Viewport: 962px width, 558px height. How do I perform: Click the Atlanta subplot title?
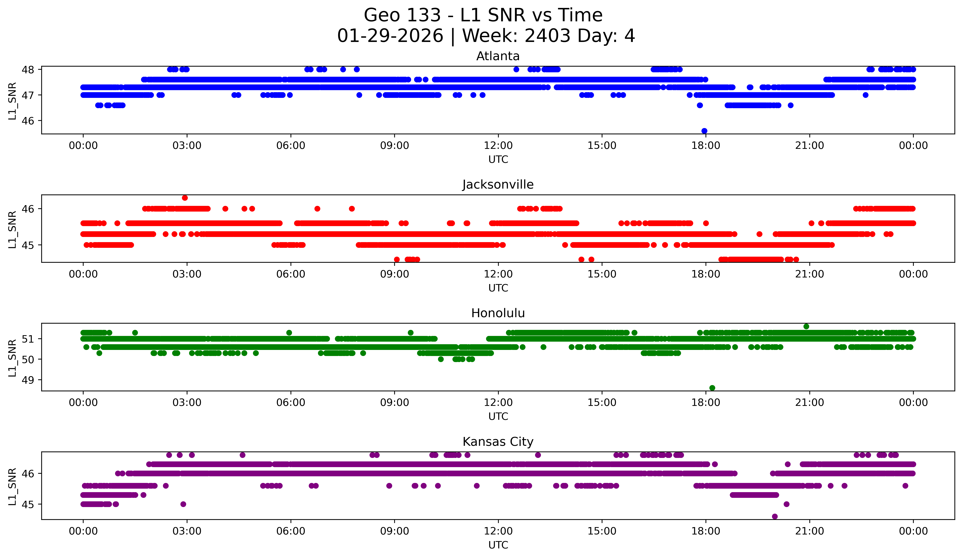point(498,56)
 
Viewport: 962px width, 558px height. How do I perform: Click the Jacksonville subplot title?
point(498,185)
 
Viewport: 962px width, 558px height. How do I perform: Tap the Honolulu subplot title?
point(498,313)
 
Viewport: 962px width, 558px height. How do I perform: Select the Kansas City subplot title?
point(498,442)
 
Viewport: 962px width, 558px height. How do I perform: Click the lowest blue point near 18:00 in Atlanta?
point(704,131)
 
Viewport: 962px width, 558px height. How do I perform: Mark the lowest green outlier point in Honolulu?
point(712,388)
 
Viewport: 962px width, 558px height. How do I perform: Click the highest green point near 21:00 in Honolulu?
point(806,327)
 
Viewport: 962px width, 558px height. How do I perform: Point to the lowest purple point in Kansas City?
point(775,516)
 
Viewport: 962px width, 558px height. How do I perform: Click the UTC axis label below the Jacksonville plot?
point(498,288)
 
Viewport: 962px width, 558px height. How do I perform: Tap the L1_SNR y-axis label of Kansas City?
point(12,487)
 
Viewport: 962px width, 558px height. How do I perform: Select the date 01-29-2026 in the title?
point(390,36)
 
